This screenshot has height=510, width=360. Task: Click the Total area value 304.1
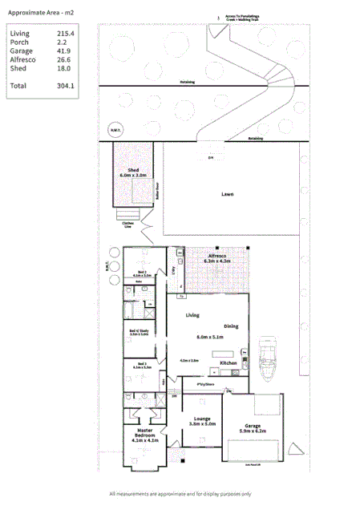coord(65,85)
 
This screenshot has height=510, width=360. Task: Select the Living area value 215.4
coord(66,34)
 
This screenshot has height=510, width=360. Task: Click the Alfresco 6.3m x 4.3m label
coord(220,258)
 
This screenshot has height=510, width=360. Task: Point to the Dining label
coord(231,326)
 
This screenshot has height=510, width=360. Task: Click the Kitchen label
coord(229,363)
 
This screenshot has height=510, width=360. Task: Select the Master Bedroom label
coord(145,435)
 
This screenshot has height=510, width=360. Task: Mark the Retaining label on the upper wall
coord(188,82)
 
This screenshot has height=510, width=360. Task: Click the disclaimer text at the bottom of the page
coord(180,493)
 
